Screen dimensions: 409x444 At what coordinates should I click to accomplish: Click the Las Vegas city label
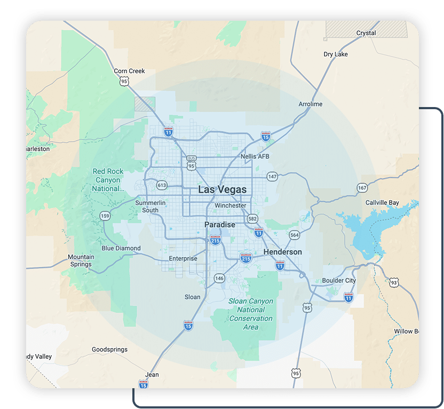(222, 190)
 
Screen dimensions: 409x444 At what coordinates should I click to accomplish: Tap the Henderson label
(282, 252)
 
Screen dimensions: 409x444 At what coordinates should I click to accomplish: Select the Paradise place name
(220, 225)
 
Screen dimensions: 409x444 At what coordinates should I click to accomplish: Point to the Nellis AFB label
(255, 157)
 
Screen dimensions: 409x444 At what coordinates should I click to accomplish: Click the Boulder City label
(339, 281)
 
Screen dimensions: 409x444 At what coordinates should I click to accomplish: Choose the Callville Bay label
(382, 203)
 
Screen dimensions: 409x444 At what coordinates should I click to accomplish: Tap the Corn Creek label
(130, 71)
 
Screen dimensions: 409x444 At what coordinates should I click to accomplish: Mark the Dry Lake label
(336, 54)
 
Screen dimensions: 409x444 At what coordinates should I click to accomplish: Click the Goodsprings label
(109, 350)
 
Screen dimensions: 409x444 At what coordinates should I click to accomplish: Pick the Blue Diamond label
(121, 248)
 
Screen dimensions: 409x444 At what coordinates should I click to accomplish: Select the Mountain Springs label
(81, 260)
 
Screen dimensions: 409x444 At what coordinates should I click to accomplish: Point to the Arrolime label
(311, 104)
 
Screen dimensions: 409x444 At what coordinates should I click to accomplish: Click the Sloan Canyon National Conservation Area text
(251, 314)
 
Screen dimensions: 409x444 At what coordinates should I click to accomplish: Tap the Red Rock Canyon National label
(108, 180)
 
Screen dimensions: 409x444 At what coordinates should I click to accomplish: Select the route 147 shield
(272, 176)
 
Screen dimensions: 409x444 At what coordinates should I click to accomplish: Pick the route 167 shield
(362, 188)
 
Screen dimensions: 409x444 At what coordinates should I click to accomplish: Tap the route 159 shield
(105, 215)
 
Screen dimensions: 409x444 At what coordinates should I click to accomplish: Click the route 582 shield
(252, 218)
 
